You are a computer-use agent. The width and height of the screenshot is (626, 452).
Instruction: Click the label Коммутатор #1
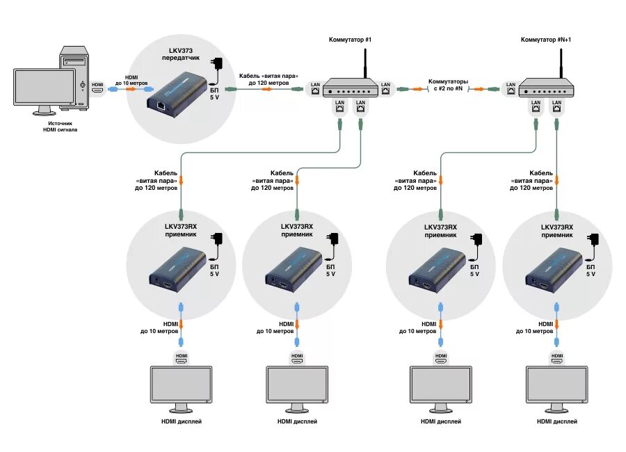coord(350,40)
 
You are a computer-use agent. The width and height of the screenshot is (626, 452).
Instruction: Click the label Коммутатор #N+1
coord(546,40)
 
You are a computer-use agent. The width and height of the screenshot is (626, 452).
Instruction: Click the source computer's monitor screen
coord(44,86)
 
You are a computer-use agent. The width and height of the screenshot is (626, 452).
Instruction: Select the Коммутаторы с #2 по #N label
coord(448,85)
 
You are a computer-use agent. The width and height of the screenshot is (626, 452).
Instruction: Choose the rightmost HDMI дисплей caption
coord(556,421)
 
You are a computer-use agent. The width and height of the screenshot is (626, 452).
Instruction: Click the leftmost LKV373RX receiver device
coord(179,272)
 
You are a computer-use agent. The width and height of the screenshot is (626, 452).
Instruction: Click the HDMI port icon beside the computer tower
coord(98,90)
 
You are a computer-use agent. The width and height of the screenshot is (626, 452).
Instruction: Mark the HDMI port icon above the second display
coord(297,359)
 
